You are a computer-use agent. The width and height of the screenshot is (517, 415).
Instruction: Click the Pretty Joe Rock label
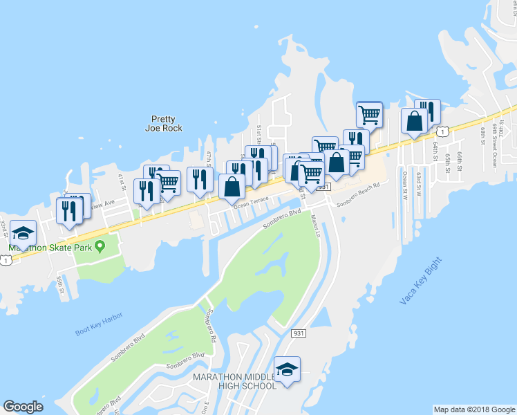tap(164, 123)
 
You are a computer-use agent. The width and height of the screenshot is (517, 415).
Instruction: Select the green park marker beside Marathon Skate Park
tap(100, 246)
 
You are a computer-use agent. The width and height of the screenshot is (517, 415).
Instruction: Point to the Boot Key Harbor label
tap(99, 324)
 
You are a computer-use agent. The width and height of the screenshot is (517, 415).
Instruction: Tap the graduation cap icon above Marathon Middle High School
tap(287, 368)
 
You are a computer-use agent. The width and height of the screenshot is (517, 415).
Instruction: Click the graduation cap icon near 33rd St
tap(23, 233)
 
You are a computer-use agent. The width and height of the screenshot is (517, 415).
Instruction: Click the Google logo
tap(23, 407)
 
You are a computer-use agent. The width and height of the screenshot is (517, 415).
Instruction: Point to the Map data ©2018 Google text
tap(473, 409)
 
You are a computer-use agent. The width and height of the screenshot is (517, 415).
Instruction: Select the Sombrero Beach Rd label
tap(358, 201)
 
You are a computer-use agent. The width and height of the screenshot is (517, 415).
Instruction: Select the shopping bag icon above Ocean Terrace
tap(232, 186)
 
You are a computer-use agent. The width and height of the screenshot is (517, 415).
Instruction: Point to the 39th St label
tap(60, 283)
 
